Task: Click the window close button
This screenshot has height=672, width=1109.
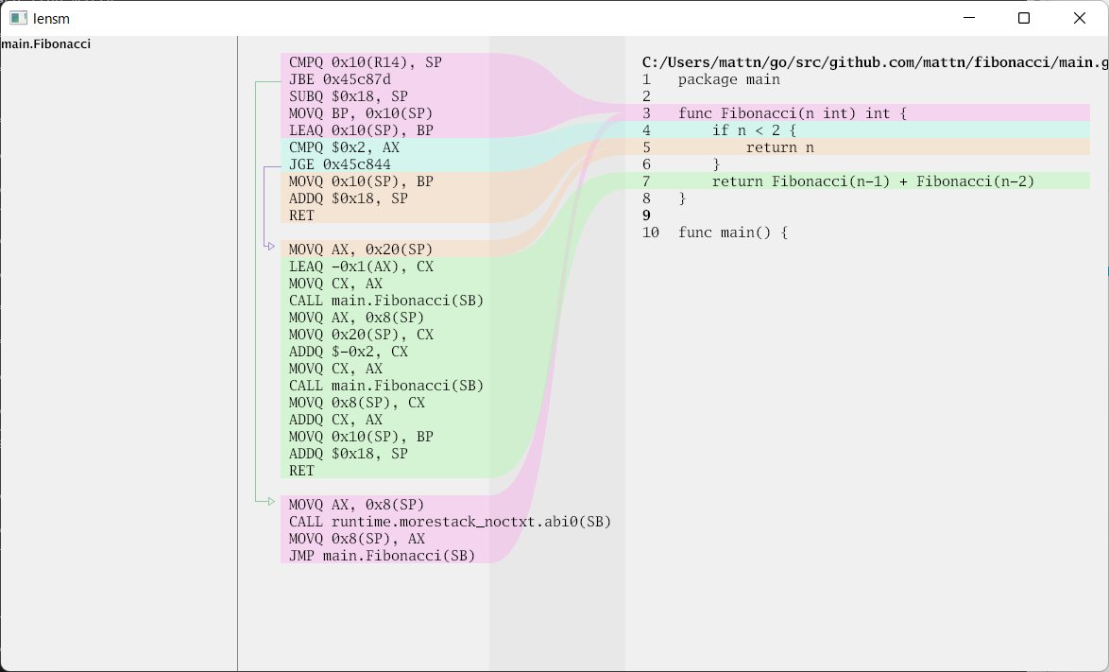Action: [1079, 18]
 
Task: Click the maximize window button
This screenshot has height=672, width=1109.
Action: [1024, 18]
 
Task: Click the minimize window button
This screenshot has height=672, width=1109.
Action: [969, 18]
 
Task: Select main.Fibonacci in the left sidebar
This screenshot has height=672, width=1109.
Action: [46, 43]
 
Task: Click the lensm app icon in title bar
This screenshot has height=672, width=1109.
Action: [18, 18]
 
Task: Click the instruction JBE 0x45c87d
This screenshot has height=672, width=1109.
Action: [339, 79]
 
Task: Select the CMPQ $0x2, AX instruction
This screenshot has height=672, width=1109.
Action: [344, 147]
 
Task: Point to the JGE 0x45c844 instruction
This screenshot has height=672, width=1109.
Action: [339, 164]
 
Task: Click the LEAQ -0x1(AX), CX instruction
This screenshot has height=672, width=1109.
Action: [361, 267]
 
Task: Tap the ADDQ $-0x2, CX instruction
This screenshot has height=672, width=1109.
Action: [348, 352]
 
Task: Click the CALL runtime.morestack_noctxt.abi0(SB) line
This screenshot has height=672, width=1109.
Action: [450, 522]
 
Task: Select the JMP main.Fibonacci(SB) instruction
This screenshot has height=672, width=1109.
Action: [382, 556]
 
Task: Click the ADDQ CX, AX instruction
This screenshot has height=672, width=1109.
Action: [335, 420]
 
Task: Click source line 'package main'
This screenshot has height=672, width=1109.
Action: [728, 79]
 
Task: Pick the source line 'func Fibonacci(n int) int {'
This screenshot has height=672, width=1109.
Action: [792, 113]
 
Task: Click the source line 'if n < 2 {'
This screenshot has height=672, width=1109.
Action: [754, 130]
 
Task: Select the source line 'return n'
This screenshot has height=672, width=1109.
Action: [779, 147]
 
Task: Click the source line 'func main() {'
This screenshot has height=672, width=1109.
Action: [732, 233]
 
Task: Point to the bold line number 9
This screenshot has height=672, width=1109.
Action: [646, 215]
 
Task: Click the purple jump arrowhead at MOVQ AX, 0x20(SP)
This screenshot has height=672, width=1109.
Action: [271, 246]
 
